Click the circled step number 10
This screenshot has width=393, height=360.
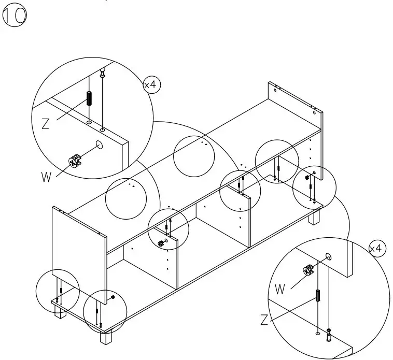pos(15,16)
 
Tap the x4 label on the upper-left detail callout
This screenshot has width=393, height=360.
pos(151,85)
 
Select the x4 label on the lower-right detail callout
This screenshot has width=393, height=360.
pos(377,249)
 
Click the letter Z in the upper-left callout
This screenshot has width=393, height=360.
pos(46,124)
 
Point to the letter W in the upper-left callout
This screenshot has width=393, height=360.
pos(47,176)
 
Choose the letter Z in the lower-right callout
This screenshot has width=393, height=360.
pos(265,321)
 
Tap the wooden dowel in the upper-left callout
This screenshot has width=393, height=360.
pos(89,98)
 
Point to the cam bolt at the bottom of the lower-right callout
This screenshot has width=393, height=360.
pos(329,336)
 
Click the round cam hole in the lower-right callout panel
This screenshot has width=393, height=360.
pos(328,256)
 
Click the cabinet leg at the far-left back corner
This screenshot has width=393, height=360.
pos(61,311)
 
